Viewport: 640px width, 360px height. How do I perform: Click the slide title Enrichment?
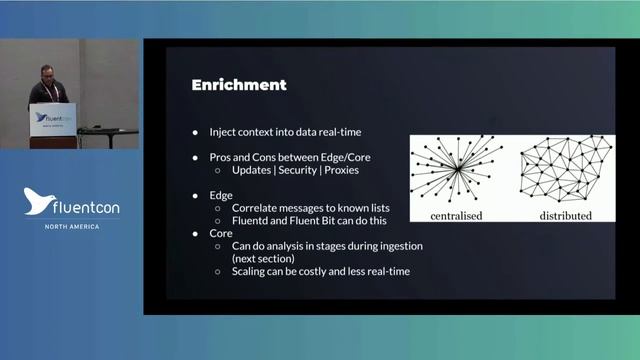239,85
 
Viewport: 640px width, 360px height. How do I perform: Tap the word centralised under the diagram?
458,215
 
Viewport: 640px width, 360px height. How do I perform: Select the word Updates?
252,170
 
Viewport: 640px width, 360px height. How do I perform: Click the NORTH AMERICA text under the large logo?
71,227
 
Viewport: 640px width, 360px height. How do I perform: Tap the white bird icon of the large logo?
37,201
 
